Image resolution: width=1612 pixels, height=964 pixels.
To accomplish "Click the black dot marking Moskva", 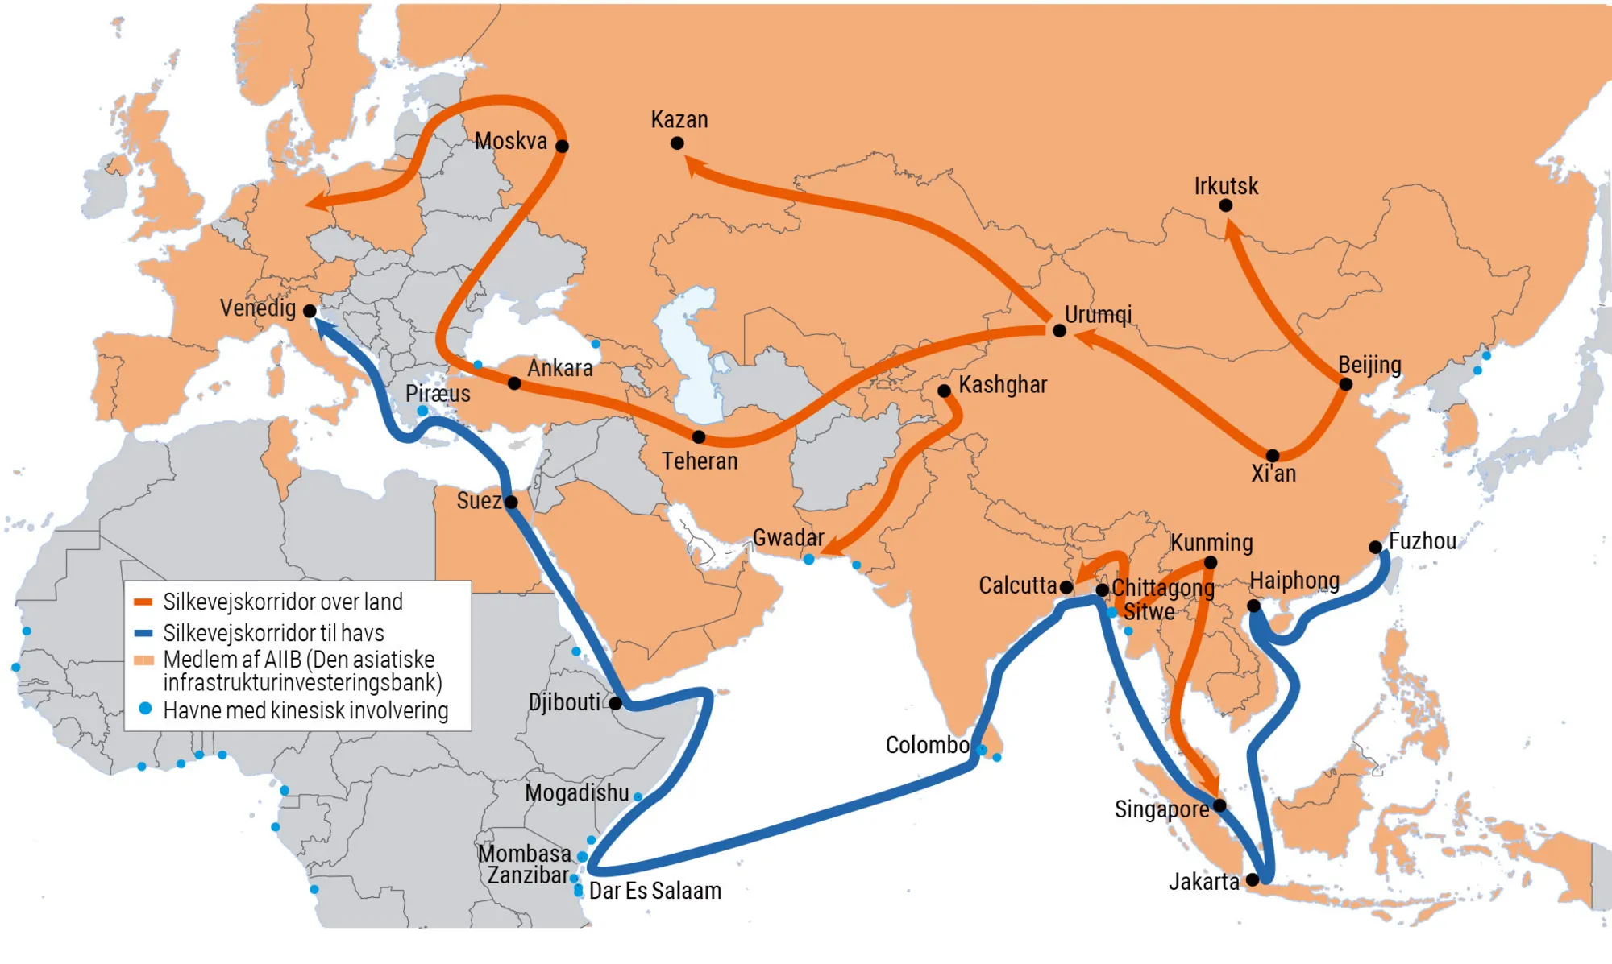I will click(562, 146).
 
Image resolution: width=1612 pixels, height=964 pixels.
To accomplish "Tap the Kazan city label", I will click(679, 120).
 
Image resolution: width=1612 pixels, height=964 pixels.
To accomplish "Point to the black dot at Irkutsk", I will click(1225, 205).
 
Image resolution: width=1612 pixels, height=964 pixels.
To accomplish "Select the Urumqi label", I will click(1098, 314).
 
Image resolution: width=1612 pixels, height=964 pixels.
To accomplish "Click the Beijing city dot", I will click(1345, 384).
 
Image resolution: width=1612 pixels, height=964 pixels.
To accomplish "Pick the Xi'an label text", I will click(1273, 474).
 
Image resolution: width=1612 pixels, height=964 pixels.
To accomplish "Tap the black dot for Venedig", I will click(310, 311).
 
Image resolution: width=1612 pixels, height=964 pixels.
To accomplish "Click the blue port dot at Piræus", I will click(422, 411).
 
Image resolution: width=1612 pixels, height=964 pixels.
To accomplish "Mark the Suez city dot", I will click(511, 503).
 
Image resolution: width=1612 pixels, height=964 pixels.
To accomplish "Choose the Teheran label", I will click(700, 461).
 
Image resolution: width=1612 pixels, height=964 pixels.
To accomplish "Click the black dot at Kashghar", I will click(944, 391).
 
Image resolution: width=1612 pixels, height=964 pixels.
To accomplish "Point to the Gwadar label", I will click(788, 538).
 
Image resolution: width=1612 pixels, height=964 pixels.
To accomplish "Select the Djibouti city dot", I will click(616, 703).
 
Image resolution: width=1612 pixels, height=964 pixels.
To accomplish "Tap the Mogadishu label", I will click(576, 793).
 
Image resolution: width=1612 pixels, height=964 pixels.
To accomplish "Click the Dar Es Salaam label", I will click(655, 891).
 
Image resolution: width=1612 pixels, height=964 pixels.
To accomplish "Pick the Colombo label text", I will click(927, 745).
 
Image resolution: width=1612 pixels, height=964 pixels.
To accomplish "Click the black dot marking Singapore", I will click(1219, 805).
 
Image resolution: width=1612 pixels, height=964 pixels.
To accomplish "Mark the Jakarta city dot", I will click(1253, 879).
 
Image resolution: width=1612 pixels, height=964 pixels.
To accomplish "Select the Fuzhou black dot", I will click(1376, 548).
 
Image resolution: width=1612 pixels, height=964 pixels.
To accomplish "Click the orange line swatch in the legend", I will click(143, 602).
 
